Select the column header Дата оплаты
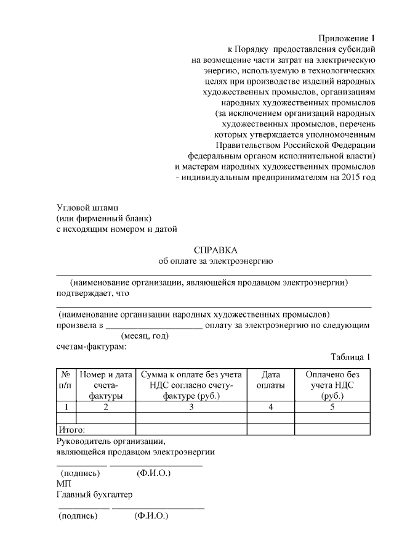pos(271,380)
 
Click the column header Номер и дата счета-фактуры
pos(105,385)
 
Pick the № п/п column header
pos(65,380)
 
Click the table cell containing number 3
pos(191,407)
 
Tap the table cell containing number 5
pos(332,407)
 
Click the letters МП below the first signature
pos(63,484)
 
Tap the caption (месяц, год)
pos(145,336)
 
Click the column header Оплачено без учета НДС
pos(332,385)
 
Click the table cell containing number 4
pos(270,407)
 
